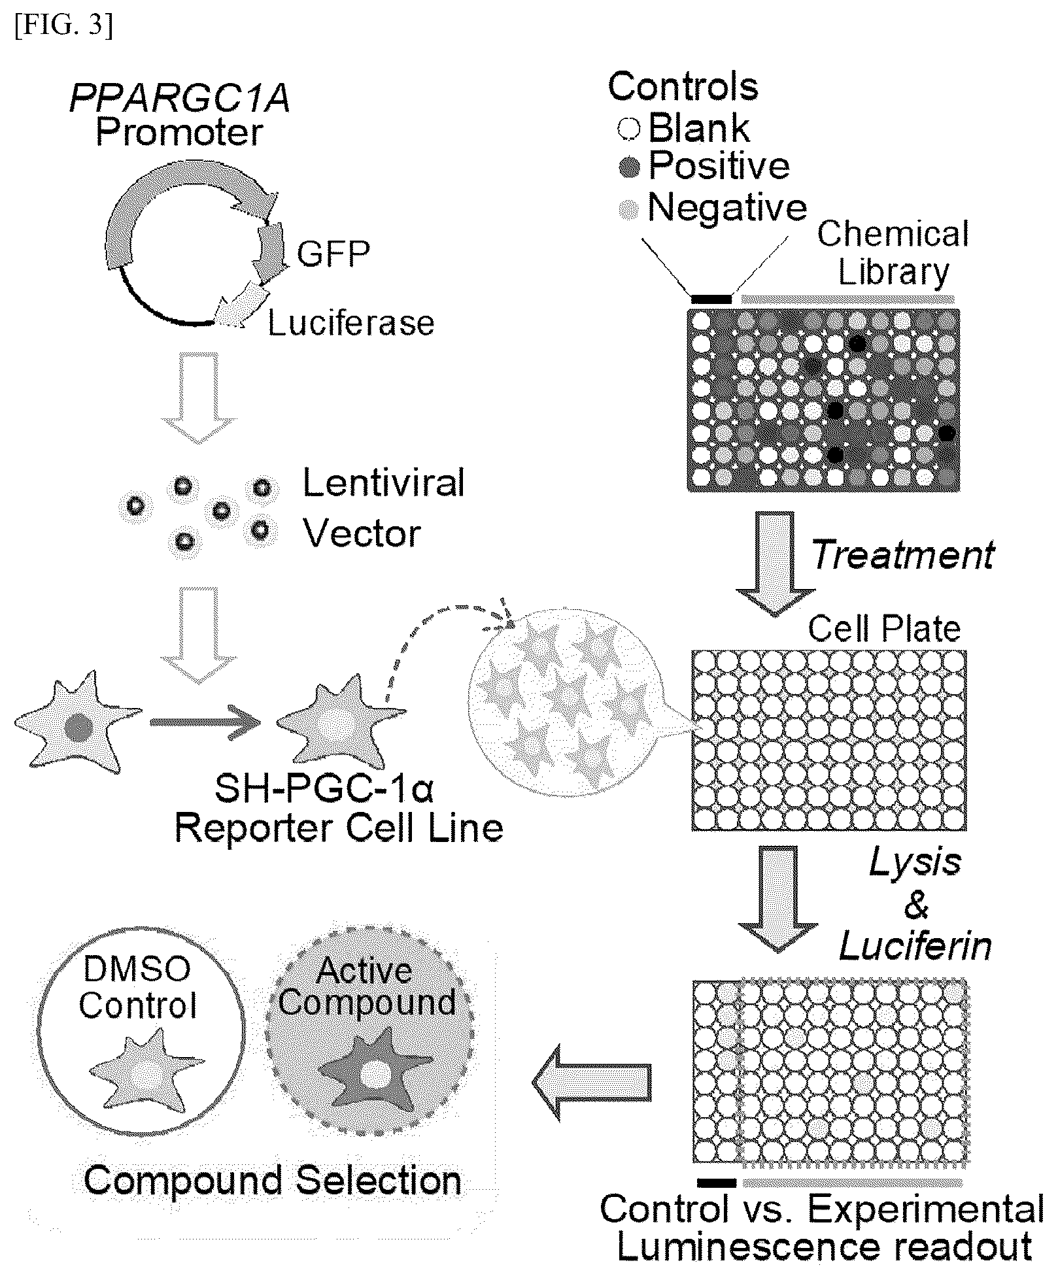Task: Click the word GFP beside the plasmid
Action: point(333,254)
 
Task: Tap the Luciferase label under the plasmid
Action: point(351,323)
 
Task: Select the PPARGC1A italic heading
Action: point(180,101)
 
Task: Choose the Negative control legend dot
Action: point(628,209)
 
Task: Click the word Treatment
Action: point(903,555)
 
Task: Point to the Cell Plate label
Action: point(884,629)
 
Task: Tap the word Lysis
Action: point(915,862)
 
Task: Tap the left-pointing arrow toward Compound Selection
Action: point(592,1082)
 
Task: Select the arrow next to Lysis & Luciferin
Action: point(777,899)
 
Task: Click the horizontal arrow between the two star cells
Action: point(205,722)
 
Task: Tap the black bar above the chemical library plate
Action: point(711,299)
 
